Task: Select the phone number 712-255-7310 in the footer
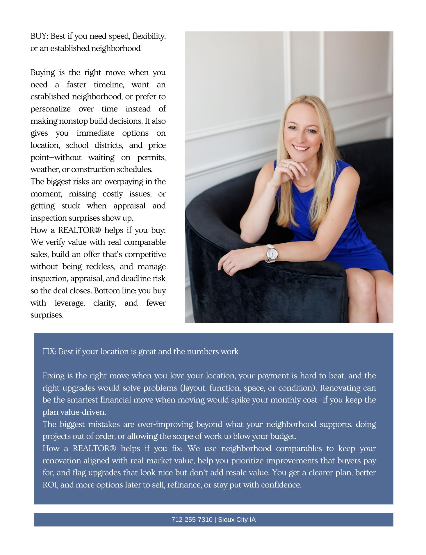pos(192,519)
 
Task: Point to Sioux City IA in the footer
pos(237,519)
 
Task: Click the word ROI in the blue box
pos(48,485)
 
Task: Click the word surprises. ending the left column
pos(47,315)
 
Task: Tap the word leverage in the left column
pos(69,303)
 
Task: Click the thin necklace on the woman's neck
pos(302,185)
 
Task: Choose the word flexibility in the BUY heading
pos(149,36)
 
